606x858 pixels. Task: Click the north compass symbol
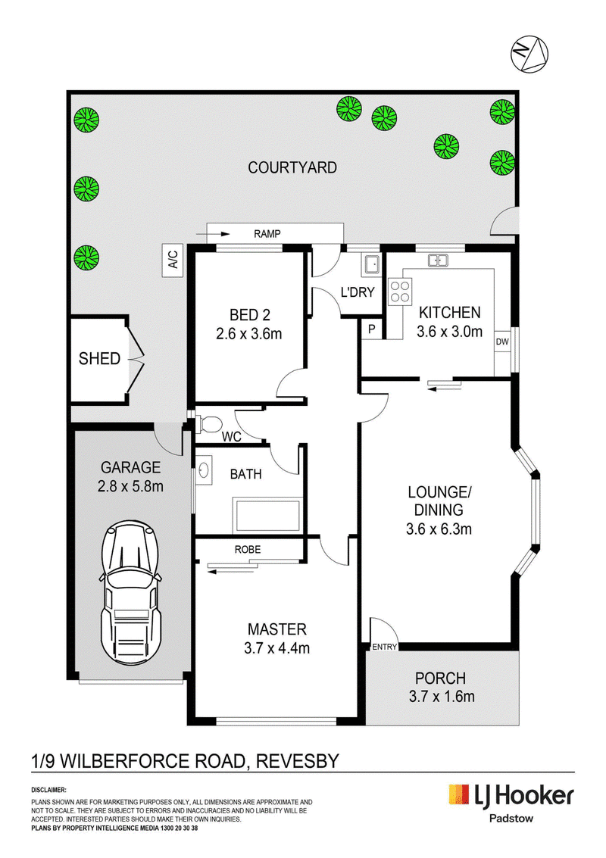point(529,54)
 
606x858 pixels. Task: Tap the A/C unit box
point(173,259)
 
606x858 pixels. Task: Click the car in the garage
point(130,593)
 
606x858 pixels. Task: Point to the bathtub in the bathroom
point(267,516)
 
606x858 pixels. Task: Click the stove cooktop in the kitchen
point(399,292)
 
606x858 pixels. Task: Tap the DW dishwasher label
point(502,342)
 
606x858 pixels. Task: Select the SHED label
point(100,359)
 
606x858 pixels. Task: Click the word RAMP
point(267,234)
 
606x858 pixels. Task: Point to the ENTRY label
point(384,647)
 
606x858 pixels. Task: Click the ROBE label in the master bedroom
point(248,549)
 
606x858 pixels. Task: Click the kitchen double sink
point(438,261)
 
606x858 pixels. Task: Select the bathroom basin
point(203,470)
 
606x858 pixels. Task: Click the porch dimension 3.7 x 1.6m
point(442,697)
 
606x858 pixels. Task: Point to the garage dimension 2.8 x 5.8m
point(130,486)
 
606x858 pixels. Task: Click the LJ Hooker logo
point(511,796)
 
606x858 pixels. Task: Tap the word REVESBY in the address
point(298,761)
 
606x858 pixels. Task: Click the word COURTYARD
point(292,167)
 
